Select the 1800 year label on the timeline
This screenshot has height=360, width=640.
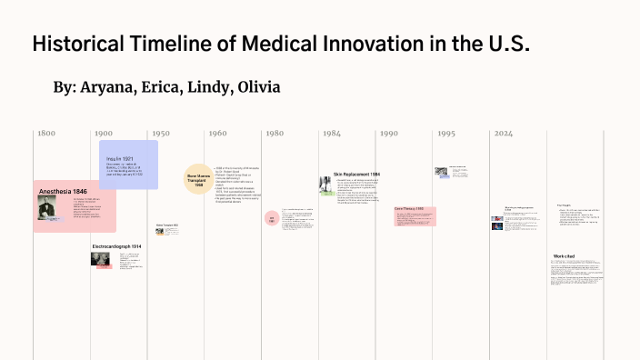point(46,134)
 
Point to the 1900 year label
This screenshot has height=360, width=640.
point(103,134)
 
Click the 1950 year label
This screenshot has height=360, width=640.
point(160,134)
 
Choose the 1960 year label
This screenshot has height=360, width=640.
point(217,134)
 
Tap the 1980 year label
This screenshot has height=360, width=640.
point(275,134)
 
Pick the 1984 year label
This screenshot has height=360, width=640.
point(331,134)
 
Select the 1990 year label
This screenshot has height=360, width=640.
point(388,134)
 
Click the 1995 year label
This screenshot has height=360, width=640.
point(445,134)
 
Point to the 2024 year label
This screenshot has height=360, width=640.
point(503,134)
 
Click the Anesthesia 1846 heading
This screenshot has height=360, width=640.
point(63,192)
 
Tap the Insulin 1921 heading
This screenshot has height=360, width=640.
point(119,158)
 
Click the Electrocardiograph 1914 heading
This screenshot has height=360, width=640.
point(116,246)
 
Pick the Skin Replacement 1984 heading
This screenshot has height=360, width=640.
point(356,174)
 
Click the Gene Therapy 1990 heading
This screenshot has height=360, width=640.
point(409,208)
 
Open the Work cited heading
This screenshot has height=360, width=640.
point(564,256)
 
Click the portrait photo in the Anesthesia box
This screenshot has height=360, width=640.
point(47,207)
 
